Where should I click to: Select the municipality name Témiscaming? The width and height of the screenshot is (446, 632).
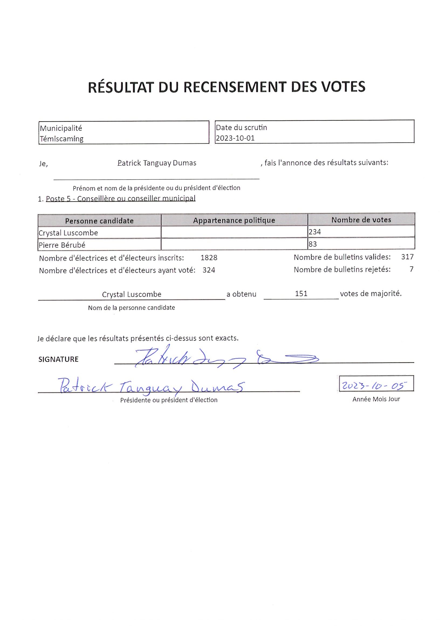coord(61,139)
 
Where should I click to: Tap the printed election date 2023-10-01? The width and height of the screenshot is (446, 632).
coord(235,138)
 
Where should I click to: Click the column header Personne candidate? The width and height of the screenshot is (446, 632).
coord(99,221)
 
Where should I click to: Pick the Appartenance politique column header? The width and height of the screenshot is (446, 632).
coord(234,220)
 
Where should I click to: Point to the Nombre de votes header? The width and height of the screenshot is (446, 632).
coord(361,220)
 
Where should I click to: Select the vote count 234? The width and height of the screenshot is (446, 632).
coord(315,232)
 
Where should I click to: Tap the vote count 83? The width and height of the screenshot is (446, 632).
coord(313,244)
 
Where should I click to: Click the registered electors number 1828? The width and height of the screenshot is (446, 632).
coord(209,258)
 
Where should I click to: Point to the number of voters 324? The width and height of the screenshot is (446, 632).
coord(209,270)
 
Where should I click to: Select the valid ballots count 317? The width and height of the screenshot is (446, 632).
coord(407,257)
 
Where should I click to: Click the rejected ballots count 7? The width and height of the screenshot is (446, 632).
coord(411,269)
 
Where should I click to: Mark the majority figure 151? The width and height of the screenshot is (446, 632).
coord(301,293)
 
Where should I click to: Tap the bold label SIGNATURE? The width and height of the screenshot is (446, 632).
coord(59,359)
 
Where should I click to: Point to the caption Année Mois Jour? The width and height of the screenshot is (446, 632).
coord(376,399)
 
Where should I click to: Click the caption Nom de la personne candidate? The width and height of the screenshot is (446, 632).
coord(131,308)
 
